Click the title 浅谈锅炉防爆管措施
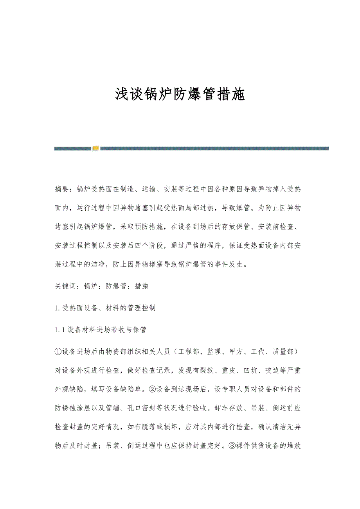coord(180,95)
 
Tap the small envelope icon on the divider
coord(95,149)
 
